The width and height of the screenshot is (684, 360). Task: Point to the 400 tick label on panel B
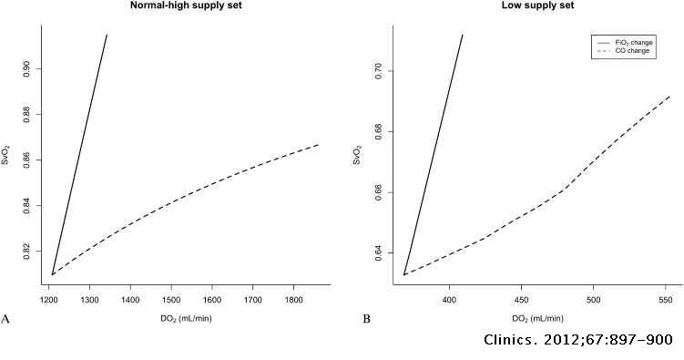point(448,298)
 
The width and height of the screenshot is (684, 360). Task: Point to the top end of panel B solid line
point(463,35)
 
